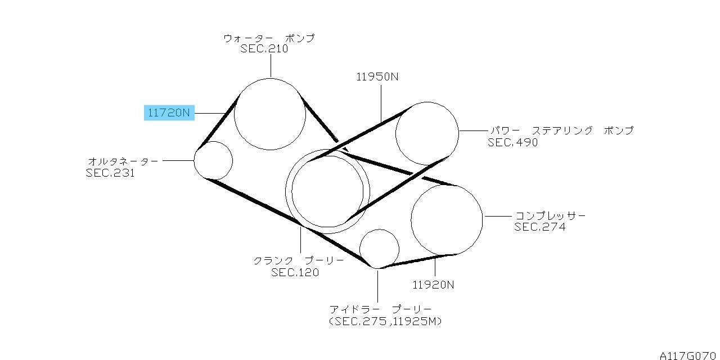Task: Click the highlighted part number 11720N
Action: [169, 113]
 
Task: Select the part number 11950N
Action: [377, 77]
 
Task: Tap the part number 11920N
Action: [433, 285]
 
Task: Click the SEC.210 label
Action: [264, 49]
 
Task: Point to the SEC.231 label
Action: [110, 173]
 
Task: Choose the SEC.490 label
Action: [512, 142]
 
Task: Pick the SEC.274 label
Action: [539, 227]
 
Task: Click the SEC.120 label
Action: [295, 273]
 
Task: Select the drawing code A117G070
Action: [690, 355]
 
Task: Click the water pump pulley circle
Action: [235, 114]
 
